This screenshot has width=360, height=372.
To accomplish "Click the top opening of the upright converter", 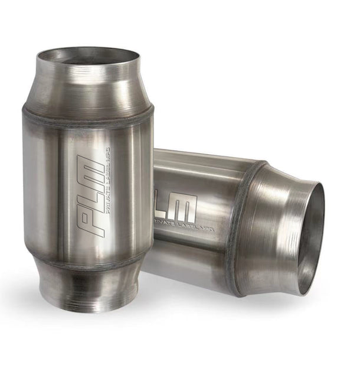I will click(x=88, y=57).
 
